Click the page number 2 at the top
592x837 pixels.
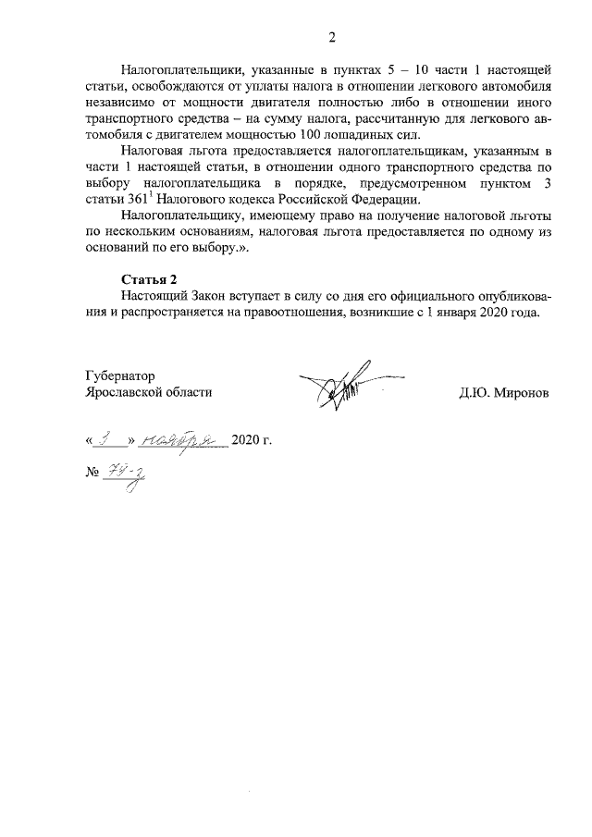(331, 37)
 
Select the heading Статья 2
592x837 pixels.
(148, 279)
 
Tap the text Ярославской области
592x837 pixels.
(148, 392)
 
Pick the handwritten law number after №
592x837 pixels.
(129, 474)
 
